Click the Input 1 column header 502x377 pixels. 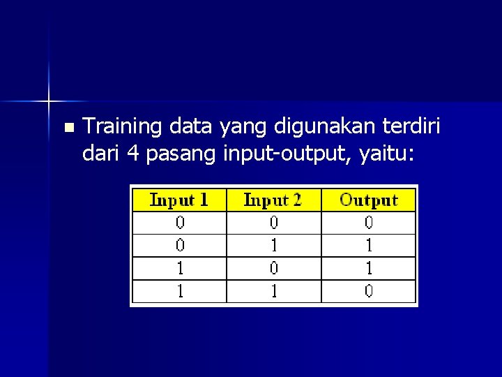pos(179,200)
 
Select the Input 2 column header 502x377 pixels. pos(273,200)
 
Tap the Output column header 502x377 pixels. pos(368,200)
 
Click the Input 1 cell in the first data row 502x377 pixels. pos(180,223)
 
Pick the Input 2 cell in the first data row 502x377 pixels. pos(274,223)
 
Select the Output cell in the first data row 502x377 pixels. pos(369,223)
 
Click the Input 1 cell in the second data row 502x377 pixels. pos(180,245)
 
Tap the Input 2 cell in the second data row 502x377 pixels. pos(274,245)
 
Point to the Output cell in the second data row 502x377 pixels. pos(369,245)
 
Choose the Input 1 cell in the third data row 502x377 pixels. pos(180,268)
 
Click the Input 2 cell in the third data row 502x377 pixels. pos(274,268)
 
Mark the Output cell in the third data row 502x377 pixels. pos(369,268)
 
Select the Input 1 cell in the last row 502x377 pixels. pos(180,291)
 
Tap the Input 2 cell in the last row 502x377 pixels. pos(274,291)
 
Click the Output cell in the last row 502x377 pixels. pos(369,291)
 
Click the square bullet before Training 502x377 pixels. pos(68,128)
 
